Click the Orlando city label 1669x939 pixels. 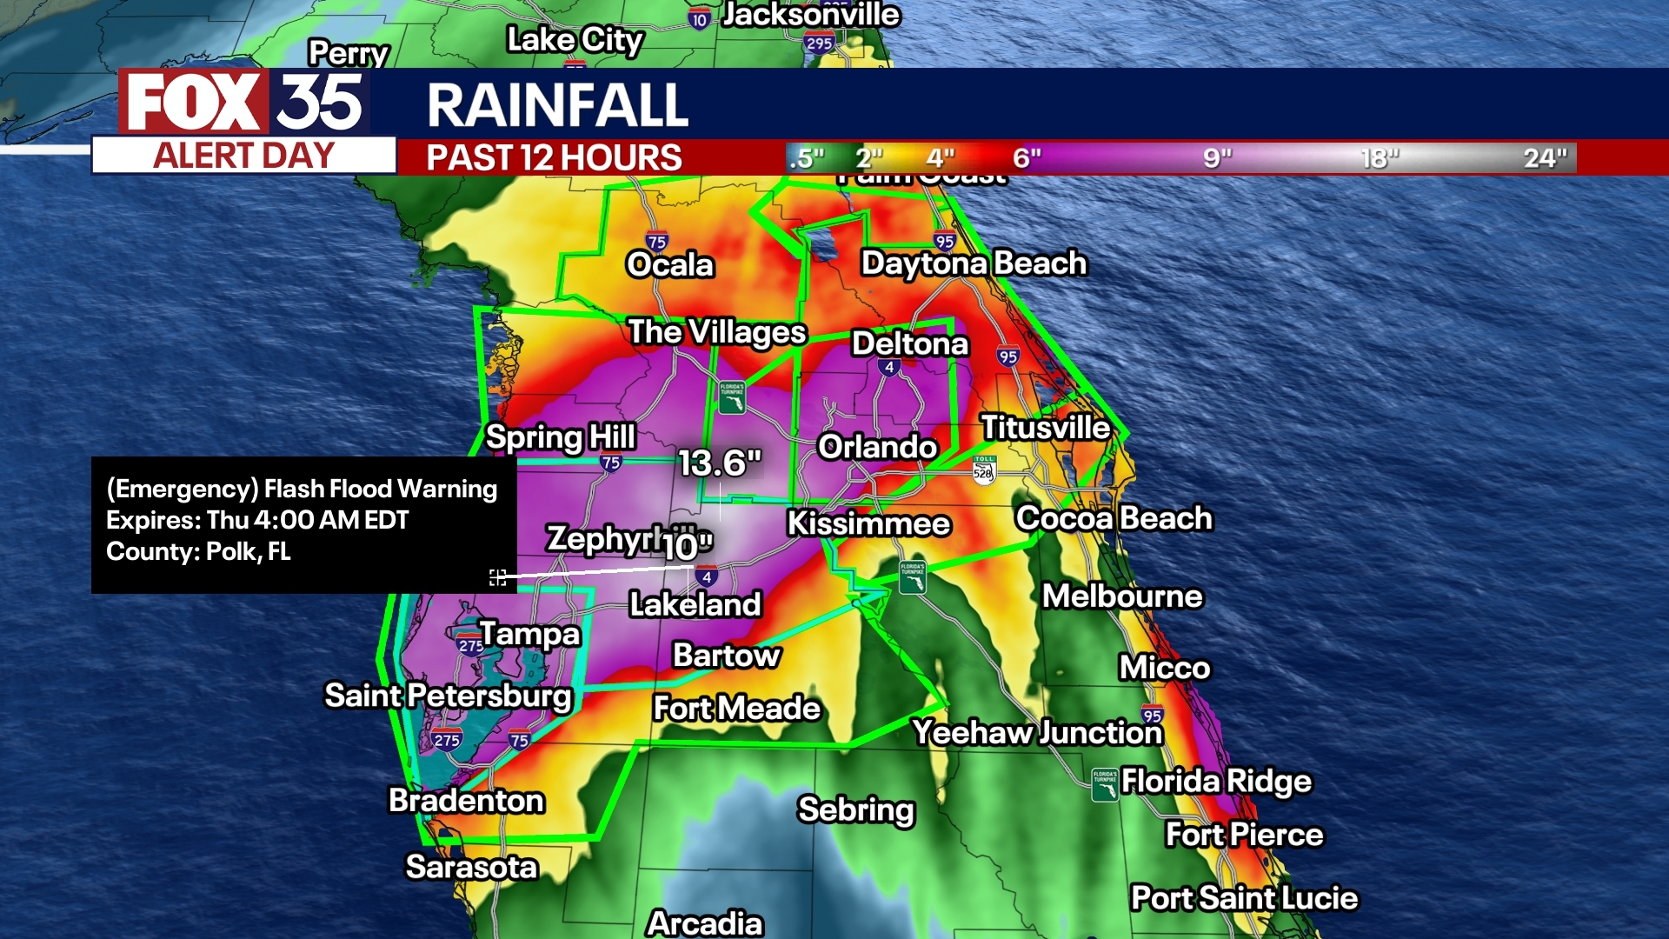pyautogui.click(x=877, y=447)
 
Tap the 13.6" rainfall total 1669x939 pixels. pyautogui.click(x=720, y=463)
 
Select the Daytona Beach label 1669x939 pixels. pyautogui.click(x=974, y=263)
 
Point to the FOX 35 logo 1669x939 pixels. pyautogui.click(x=244, y=103)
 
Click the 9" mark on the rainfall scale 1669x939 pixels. pyautogui.click(x=1217, y=158)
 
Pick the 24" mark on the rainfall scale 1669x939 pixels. pyautogui.click(x=1545, y=158)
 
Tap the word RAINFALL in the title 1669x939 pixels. pyautogui.click(x=557, y=105)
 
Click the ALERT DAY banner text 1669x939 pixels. pyautogui.click(x=244, y=156)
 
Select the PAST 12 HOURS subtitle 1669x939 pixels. pyautogui.click(x=554, y=158)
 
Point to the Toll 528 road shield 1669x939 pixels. pyautogui.click(x=983, y=469)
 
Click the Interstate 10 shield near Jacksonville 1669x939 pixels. pyautogui.click(x=699, y=19)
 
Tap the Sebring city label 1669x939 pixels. pyautogui.click(x=856, y=809)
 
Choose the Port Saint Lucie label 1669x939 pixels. pyautogui.click(x=1244, y=897)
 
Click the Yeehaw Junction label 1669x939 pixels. pyautogui.click(x=1037, y=732)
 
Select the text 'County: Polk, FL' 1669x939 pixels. pyautogui.click(x=198, y=551)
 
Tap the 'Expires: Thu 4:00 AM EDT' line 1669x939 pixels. pyautogui.click(x=257, y=520)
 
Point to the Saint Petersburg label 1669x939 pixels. pyautogui.click(x=448, y=696)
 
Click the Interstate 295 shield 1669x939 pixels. pyautogui.click(x=819, y=43)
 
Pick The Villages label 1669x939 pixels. pyautogui.click(x=717, y=331)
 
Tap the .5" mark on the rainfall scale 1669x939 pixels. pyautogui.click(x=806, y=158)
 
